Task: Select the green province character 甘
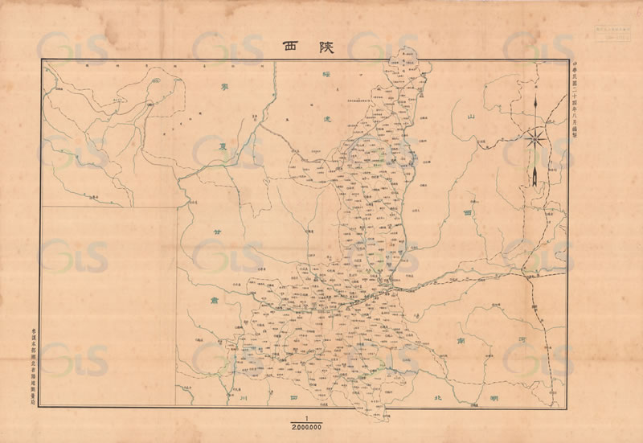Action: [215, 232]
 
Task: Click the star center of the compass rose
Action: [534, 138]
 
